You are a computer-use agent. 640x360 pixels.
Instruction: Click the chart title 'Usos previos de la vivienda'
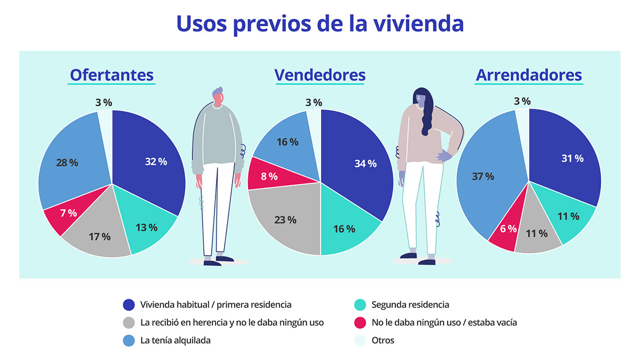point(319,24)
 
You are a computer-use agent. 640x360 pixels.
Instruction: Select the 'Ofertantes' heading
point(111,75)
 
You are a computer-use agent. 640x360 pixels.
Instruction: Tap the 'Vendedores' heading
point(320,75)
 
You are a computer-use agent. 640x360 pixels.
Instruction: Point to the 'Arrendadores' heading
point(529,75)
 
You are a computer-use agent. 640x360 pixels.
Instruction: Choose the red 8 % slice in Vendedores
point(267,176)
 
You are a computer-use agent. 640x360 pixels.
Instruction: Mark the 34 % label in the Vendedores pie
point(365,164)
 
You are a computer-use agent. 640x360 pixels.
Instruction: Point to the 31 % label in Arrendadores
point(572,158)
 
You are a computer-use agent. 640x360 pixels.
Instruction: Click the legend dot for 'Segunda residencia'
point(361,305)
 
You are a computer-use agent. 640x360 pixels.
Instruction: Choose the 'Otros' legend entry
point(383,340)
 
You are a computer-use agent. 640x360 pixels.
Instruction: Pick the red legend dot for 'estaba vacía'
point(361,323)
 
